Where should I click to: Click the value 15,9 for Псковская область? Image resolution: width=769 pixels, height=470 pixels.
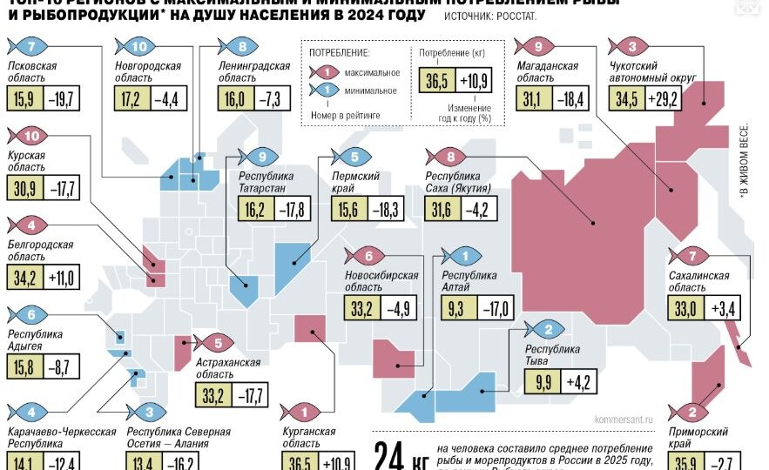point(24,97)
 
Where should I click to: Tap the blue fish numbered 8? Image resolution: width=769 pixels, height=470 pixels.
point(240,46)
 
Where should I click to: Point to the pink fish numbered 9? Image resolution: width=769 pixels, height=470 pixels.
point(535,46)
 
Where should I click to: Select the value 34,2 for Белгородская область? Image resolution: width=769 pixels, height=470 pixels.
point(24,279)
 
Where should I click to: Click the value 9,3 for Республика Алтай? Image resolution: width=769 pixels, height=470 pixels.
point(455,307)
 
